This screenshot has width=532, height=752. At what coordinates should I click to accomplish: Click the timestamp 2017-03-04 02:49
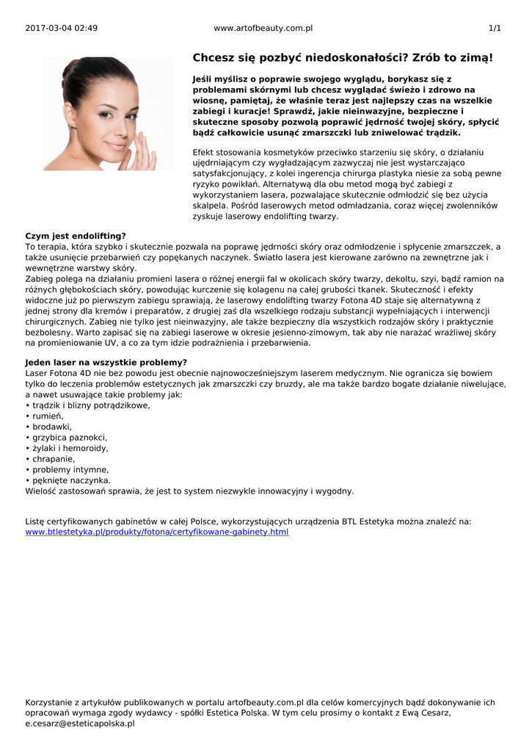(61, 28)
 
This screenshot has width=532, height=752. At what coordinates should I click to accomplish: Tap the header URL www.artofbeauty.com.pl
(263, 28)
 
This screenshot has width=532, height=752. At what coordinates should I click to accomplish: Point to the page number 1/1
(495, 28)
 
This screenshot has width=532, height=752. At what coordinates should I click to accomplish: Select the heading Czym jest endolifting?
(76, 236)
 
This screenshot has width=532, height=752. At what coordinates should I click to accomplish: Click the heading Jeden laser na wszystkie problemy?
(106, 362)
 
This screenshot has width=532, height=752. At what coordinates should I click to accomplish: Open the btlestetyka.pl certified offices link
(157, 532)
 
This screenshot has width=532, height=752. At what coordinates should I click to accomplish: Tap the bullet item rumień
(48, 416)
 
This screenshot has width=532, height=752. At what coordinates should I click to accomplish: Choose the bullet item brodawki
(52, 426)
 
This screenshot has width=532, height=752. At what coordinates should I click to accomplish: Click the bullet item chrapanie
(53, 458)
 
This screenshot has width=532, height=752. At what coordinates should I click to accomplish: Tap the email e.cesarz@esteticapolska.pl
(80, 723)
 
